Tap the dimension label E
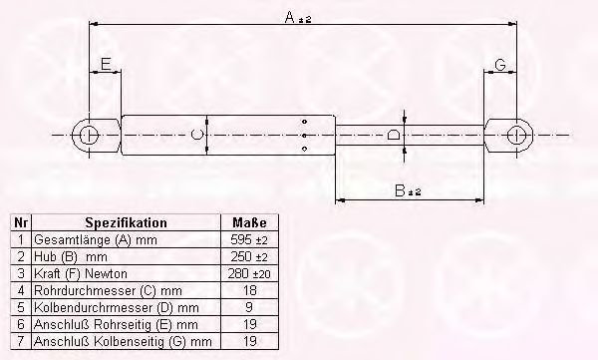click(x=106, y=64)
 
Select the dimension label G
click(x=500, y=65)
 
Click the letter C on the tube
click(x=196, y=135)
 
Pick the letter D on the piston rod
click(x=394, y=135)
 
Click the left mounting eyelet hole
click(x=90, y=136)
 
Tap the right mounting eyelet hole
click(x=516, y=136)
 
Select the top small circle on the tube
click(x=304, y=122)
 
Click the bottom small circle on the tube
click(x=304, y=149)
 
